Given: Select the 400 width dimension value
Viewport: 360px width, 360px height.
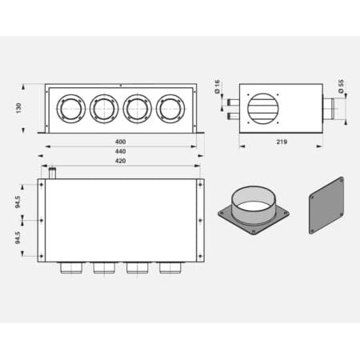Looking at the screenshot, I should (120, 142).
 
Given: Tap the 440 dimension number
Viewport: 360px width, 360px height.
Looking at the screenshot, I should (120, 152).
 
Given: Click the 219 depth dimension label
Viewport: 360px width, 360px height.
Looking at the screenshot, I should (282, 142).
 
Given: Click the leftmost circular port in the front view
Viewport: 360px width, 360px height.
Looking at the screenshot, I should (70, 108).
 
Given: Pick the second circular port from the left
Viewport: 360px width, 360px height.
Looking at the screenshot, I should (103, 108).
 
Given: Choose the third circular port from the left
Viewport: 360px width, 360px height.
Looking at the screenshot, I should (137, 108).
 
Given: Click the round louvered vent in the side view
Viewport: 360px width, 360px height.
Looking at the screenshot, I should (263, 108).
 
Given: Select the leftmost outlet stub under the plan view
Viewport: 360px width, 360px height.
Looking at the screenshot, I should (70, 267).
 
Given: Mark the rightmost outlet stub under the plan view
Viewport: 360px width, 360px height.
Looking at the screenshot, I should (170, 267).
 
